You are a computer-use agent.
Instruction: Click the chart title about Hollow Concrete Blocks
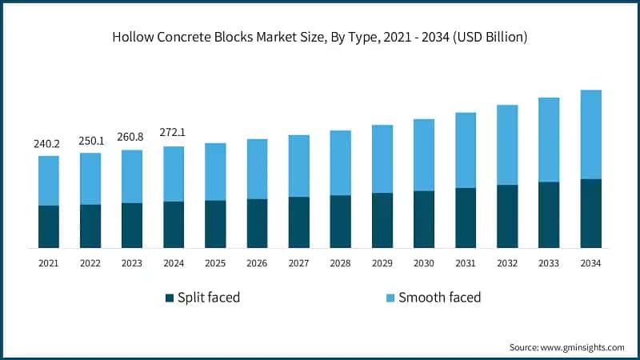pos(320,37)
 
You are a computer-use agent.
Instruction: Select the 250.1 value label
pos(90,141)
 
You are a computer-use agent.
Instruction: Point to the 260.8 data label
pos(132,138)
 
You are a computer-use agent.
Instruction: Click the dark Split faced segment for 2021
pos(49,226)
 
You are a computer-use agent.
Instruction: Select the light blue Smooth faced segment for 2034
pos(590,134)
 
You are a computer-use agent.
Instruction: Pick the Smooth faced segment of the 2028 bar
pos(341,162)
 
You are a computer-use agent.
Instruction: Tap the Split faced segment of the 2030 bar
pos(424,219)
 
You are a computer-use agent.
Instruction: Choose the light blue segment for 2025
pos(215,171)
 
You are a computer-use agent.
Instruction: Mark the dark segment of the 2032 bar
pos(507,216)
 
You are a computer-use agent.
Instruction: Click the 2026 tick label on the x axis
pos(257,262)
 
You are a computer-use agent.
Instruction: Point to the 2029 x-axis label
pos(382,262)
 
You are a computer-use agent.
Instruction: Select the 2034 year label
pos(590,262)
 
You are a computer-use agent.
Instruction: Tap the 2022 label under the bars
pos(90,262)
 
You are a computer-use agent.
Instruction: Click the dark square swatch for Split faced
pos(170,298)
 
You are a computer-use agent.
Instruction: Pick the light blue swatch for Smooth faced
pos(390,298)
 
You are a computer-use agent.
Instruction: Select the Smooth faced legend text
pos(440,298)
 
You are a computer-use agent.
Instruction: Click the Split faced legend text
pos(210,298)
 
